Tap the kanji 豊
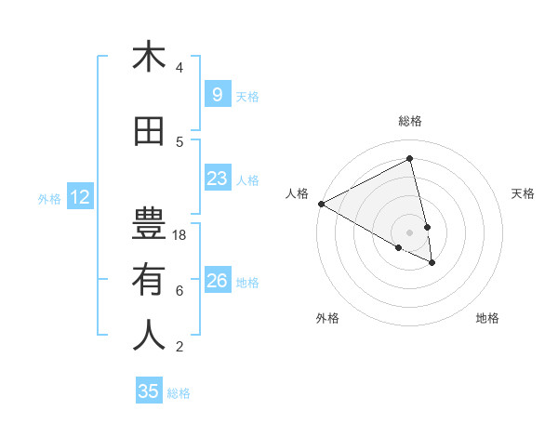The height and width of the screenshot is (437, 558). tap(149, 223)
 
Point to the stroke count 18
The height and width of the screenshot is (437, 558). tap(180, 235)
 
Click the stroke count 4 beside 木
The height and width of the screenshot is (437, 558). tap(179, 68)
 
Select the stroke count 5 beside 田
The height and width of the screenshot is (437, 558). tap(179, 142)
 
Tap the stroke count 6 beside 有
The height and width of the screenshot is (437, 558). tap(179, 291)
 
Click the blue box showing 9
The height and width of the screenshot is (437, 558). tap(217, 94)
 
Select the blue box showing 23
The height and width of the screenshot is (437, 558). tap(217, 179)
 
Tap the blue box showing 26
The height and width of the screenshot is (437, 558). tap(217, 280)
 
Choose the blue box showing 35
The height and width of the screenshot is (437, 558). tap(149, 391)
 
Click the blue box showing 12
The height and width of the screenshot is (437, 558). tap(80, 196)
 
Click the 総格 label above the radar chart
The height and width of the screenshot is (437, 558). tap(410, 121)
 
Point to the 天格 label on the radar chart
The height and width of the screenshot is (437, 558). tap(524, 193)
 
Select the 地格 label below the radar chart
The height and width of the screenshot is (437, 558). tap(487, 318)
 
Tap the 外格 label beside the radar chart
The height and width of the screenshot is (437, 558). tap(327, 318)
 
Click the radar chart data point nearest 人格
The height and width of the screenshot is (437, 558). tap(321, 204)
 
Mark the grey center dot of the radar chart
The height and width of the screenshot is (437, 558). tap(409, 232)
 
